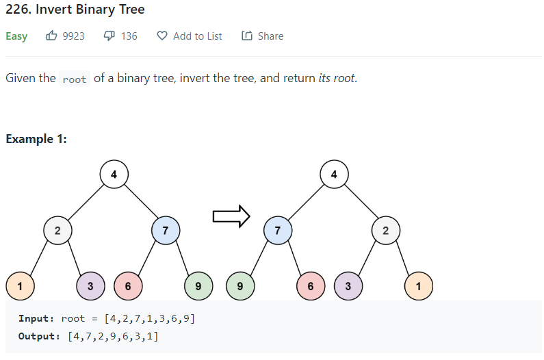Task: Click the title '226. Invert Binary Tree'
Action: [75, 10]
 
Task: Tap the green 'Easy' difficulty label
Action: [16, 36]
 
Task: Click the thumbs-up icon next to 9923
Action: [52, 36]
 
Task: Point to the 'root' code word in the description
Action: [74, 79]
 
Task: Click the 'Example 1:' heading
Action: [36, 139]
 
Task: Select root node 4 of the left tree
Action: [114, 175]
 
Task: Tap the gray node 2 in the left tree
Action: [57, 231]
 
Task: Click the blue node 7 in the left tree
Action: [166, 231]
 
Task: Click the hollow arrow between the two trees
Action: [231, 217]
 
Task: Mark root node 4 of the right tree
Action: [334, 175]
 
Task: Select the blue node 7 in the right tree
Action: [277, 231]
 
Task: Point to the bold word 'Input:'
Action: [36, 318]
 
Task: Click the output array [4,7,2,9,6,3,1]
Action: [114, 336]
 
